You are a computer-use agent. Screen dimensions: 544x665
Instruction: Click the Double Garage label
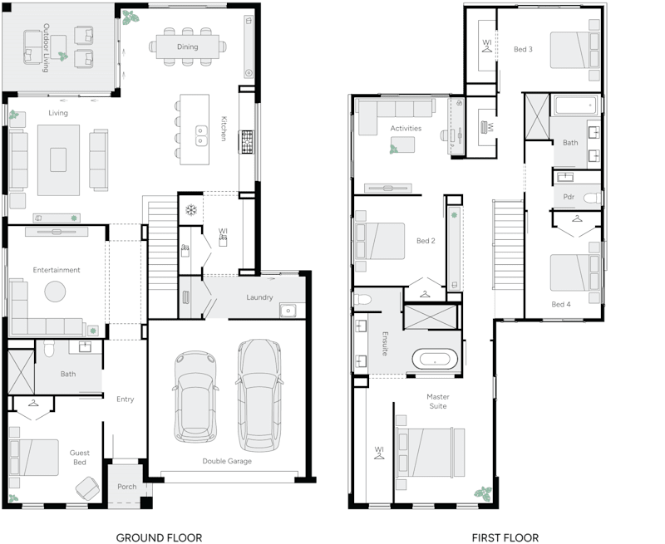227,461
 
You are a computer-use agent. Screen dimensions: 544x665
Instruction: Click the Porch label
126,487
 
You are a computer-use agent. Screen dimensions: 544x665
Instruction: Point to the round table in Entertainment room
55,292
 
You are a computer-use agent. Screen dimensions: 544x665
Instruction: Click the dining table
188,47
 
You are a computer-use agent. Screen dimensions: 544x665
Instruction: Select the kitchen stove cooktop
247,142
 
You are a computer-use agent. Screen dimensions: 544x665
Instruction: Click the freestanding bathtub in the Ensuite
436,360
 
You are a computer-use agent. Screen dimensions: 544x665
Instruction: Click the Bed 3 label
523,50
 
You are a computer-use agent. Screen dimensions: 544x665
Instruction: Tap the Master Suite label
438,402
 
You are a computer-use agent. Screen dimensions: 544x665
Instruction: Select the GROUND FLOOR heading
159,537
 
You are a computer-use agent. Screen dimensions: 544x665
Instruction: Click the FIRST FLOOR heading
505,537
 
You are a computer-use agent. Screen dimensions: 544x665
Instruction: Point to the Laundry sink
287,311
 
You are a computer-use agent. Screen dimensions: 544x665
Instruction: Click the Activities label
406,129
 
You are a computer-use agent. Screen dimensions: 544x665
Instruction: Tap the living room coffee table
57,159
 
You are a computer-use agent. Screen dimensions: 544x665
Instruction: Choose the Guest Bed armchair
86,488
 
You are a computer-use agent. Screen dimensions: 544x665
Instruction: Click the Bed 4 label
561,305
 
